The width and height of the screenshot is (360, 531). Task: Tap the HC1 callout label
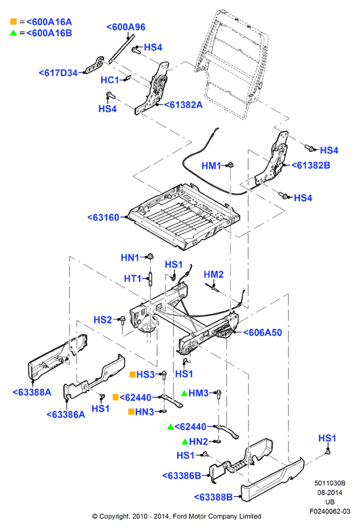click(x=110, y=81)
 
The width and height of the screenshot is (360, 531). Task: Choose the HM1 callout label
click(x=211, y=166)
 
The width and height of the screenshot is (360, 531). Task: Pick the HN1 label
click(x=130, y=258)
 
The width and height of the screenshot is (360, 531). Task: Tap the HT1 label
click(x=133, y=278)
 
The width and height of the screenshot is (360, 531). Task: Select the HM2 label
click(x=214, y=274)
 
